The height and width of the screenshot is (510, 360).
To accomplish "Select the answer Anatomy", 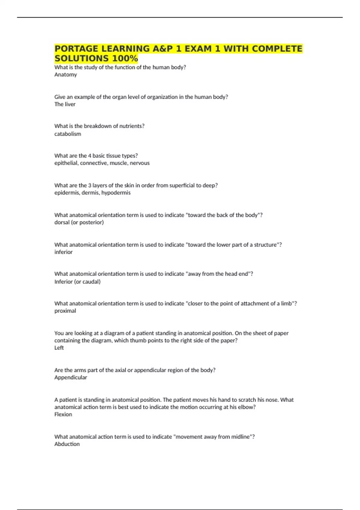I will [65, 75].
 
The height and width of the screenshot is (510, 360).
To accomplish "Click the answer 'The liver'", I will [65, 104].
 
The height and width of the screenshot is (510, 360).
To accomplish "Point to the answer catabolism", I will [67, 134].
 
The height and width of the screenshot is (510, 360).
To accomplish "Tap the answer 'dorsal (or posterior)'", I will [79, 222].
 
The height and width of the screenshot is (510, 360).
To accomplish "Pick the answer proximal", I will [65, 311].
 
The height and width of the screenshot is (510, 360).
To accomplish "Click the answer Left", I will [59, 348].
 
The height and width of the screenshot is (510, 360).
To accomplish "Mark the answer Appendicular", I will [70, 377].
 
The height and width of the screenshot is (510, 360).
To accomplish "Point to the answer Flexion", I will [63, 414].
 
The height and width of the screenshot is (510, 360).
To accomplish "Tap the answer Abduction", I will [67, 444].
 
